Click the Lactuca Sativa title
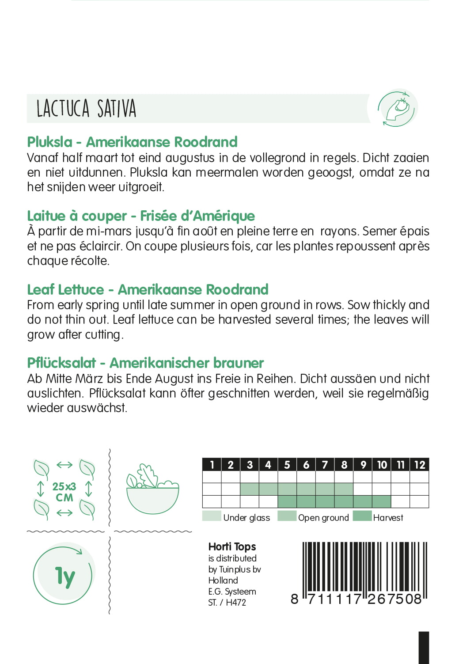pyautogui.click(x=86, y=109)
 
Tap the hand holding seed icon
pyautogui.click(x=397, y=108)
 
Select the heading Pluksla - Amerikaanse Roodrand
pyautogui.click(x=132, y=142)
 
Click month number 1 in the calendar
pyautogui.click(x=212, y=464)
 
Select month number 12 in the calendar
pyautogui.click(x=420, y=464)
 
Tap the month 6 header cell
pyautogui.click(x=306, y=464)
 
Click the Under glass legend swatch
pyautogui.click(x=212, y=516)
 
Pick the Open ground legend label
pyautogui.click(x=323, y=517)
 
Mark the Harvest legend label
pyautogui.click(x=388, y=517)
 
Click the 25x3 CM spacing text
pyautogui.click(x=64, y=492)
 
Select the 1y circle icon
pyautogui.click(x=64, y=576)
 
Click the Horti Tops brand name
pyautogui.click(x=232, y=546)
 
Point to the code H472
pyautogui.click(x=236, y=602)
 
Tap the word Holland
pyautogui.click(x=223, y=580)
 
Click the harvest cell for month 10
pyautogui.click(x=382, y=501)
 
